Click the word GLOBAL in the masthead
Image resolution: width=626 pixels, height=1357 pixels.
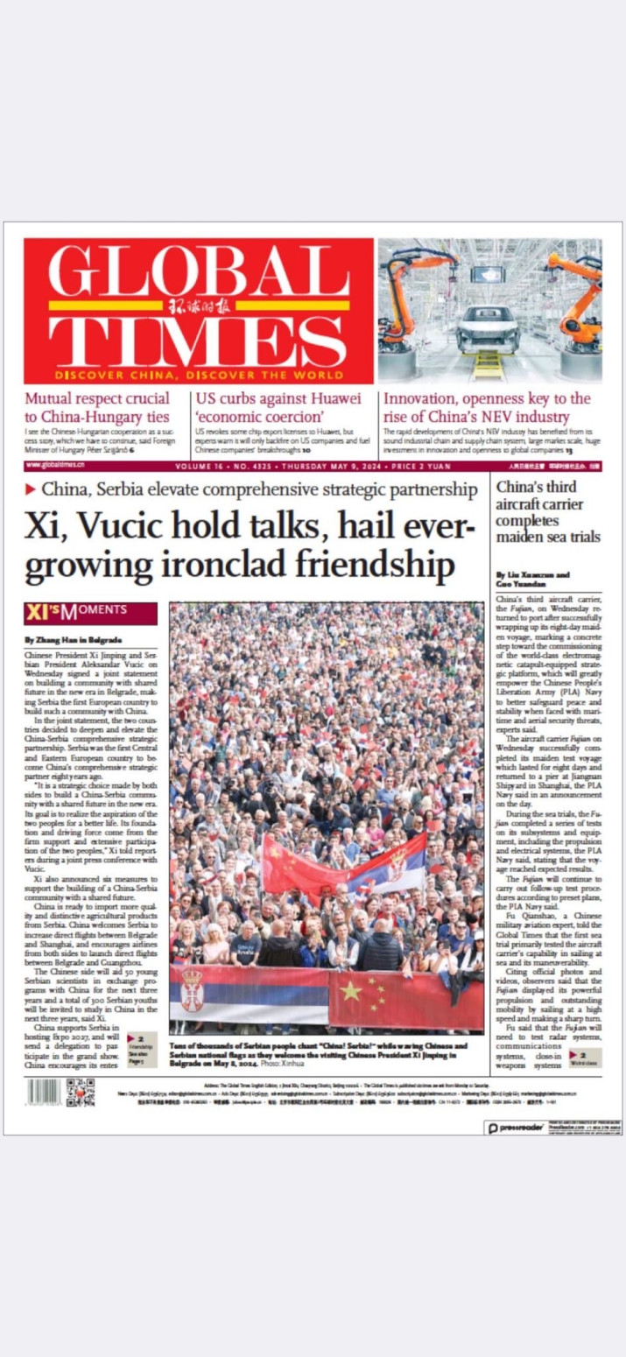[x=198, y=272]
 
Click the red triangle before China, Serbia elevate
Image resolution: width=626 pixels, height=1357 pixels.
[x=31, y=488]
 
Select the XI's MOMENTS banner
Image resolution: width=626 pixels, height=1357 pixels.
[x=90, y=610]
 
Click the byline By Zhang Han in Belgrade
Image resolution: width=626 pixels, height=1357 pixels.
[x=73, y=640]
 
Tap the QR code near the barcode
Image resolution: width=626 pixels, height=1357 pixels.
[x=81, y=1092]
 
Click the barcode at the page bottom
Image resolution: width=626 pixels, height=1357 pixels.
[x=44, y=1092]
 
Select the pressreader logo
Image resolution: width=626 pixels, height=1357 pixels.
[x=517, y=1128]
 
